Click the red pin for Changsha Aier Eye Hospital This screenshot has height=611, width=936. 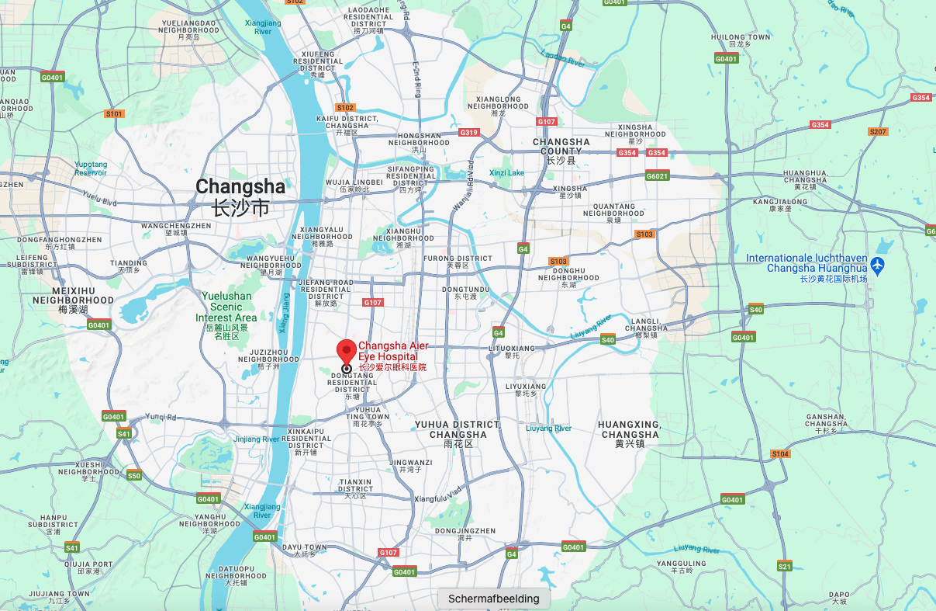[346, 351]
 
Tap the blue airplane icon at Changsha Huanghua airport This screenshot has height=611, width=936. [877, 265]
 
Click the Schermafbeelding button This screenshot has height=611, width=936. [493, 599]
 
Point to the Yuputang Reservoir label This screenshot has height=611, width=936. [91, 168]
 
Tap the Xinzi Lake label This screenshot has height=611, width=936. [506, 172]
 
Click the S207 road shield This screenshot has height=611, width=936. [877, 132]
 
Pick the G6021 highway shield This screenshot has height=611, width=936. [657, 175]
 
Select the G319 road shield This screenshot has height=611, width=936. [469, 133]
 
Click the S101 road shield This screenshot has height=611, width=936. [114, 114]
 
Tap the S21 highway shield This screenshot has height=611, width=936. [785, 566]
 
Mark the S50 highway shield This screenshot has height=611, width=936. [134, 476]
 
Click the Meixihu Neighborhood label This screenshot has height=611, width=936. [73, 304]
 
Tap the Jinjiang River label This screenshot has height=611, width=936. [256, 439]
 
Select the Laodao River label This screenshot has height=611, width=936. [564, 60]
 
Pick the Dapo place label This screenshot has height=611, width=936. [838, 596]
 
